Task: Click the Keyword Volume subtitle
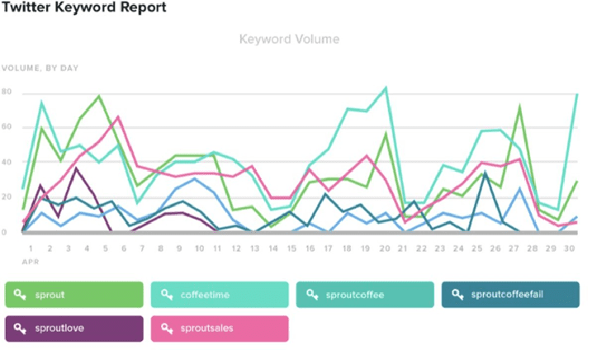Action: coord(289,39)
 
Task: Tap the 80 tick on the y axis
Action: coord(7,92)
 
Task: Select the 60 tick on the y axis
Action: coord(7,128)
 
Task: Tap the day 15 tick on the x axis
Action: coord(291,248)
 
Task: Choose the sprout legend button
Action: coord(74,294)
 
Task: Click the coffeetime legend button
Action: coord(219,294)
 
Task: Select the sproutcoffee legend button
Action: coord(364,294)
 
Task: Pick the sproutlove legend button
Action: coord(74,328)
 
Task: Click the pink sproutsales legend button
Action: coord(219,328)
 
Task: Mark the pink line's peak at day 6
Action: coord(120,117)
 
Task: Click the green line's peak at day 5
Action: coord(99,96)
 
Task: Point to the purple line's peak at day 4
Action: coord(77,168)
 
